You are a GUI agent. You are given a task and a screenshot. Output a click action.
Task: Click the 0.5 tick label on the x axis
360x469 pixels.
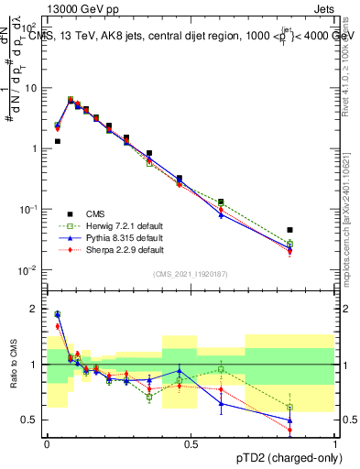[x=191, y=443]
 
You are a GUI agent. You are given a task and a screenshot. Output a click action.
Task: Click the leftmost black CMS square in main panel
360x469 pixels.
[x=57, y=141]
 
